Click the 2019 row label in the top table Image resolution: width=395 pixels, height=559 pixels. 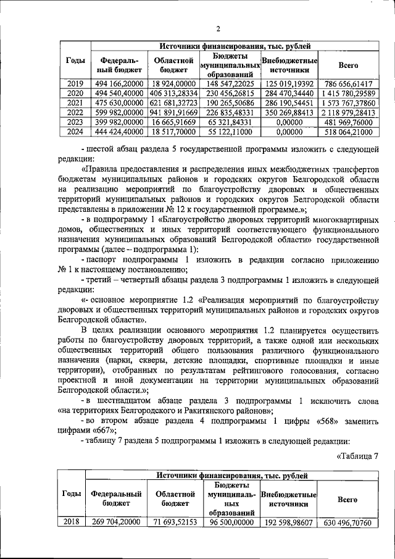75,83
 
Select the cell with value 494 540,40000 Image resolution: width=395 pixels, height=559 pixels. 118,93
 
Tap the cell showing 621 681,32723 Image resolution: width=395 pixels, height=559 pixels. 174,102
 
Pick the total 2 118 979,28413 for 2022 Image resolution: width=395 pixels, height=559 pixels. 348,112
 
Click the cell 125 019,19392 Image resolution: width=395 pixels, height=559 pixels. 289,83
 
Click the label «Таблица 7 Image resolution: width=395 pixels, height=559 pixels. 357,456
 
